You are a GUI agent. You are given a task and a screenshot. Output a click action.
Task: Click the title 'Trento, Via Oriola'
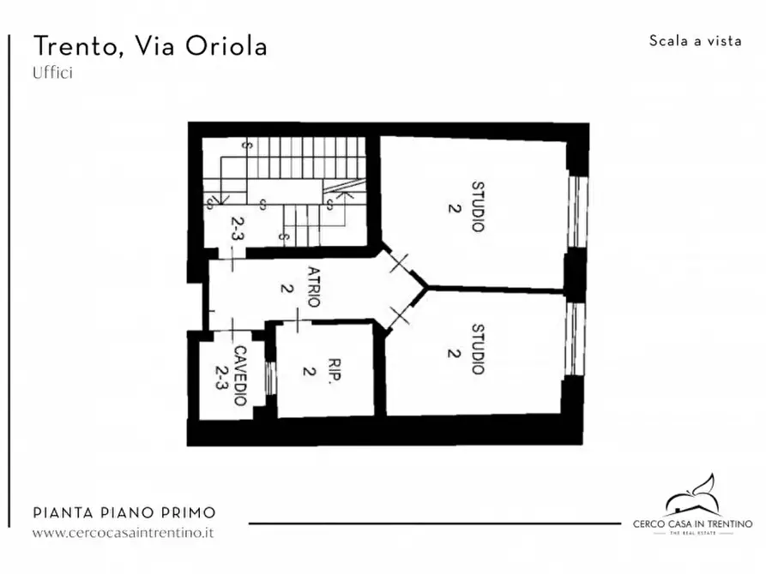tap(150, 46)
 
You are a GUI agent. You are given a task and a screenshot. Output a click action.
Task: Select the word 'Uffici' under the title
tap(52, 74)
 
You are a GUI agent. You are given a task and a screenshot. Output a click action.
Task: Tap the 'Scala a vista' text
tap(696, 40)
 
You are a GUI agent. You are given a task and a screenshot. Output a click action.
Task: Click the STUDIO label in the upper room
tap(477, 206)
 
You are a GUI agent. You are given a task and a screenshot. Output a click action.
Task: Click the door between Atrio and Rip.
tap(296, 322)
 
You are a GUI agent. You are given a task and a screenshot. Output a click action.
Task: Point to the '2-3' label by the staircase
tap(237, 230)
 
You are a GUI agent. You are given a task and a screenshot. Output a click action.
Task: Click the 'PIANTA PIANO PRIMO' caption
tap(124, 513)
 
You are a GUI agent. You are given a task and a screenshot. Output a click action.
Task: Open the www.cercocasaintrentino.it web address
tap(123, 532)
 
